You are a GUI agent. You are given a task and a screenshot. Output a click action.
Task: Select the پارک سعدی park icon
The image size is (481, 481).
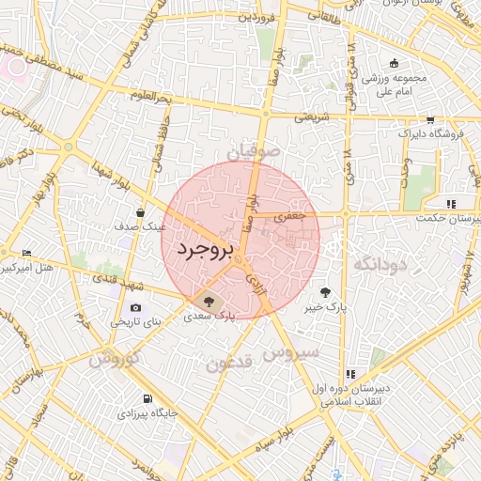[209, 302]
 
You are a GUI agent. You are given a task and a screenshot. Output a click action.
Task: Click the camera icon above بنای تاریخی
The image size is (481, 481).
[136, 308]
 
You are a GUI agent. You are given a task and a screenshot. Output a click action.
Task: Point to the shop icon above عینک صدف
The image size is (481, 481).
[140, 212]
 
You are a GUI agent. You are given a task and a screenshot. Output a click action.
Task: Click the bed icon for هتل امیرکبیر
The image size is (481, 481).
[26, 254]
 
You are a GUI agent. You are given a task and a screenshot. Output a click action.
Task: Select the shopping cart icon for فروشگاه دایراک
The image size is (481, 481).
[430, 119]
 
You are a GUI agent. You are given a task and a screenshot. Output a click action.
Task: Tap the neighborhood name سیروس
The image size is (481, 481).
[292, 353]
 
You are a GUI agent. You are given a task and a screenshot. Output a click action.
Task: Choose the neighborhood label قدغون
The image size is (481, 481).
[228, 363]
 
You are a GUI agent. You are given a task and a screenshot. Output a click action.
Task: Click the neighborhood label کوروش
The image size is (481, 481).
[116, 358]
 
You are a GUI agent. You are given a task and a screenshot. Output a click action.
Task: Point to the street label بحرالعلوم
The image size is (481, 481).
[151, 97]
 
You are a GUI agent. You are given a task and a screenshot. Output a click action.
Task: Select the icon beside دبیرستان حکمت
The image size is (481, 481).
[452, 204]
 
